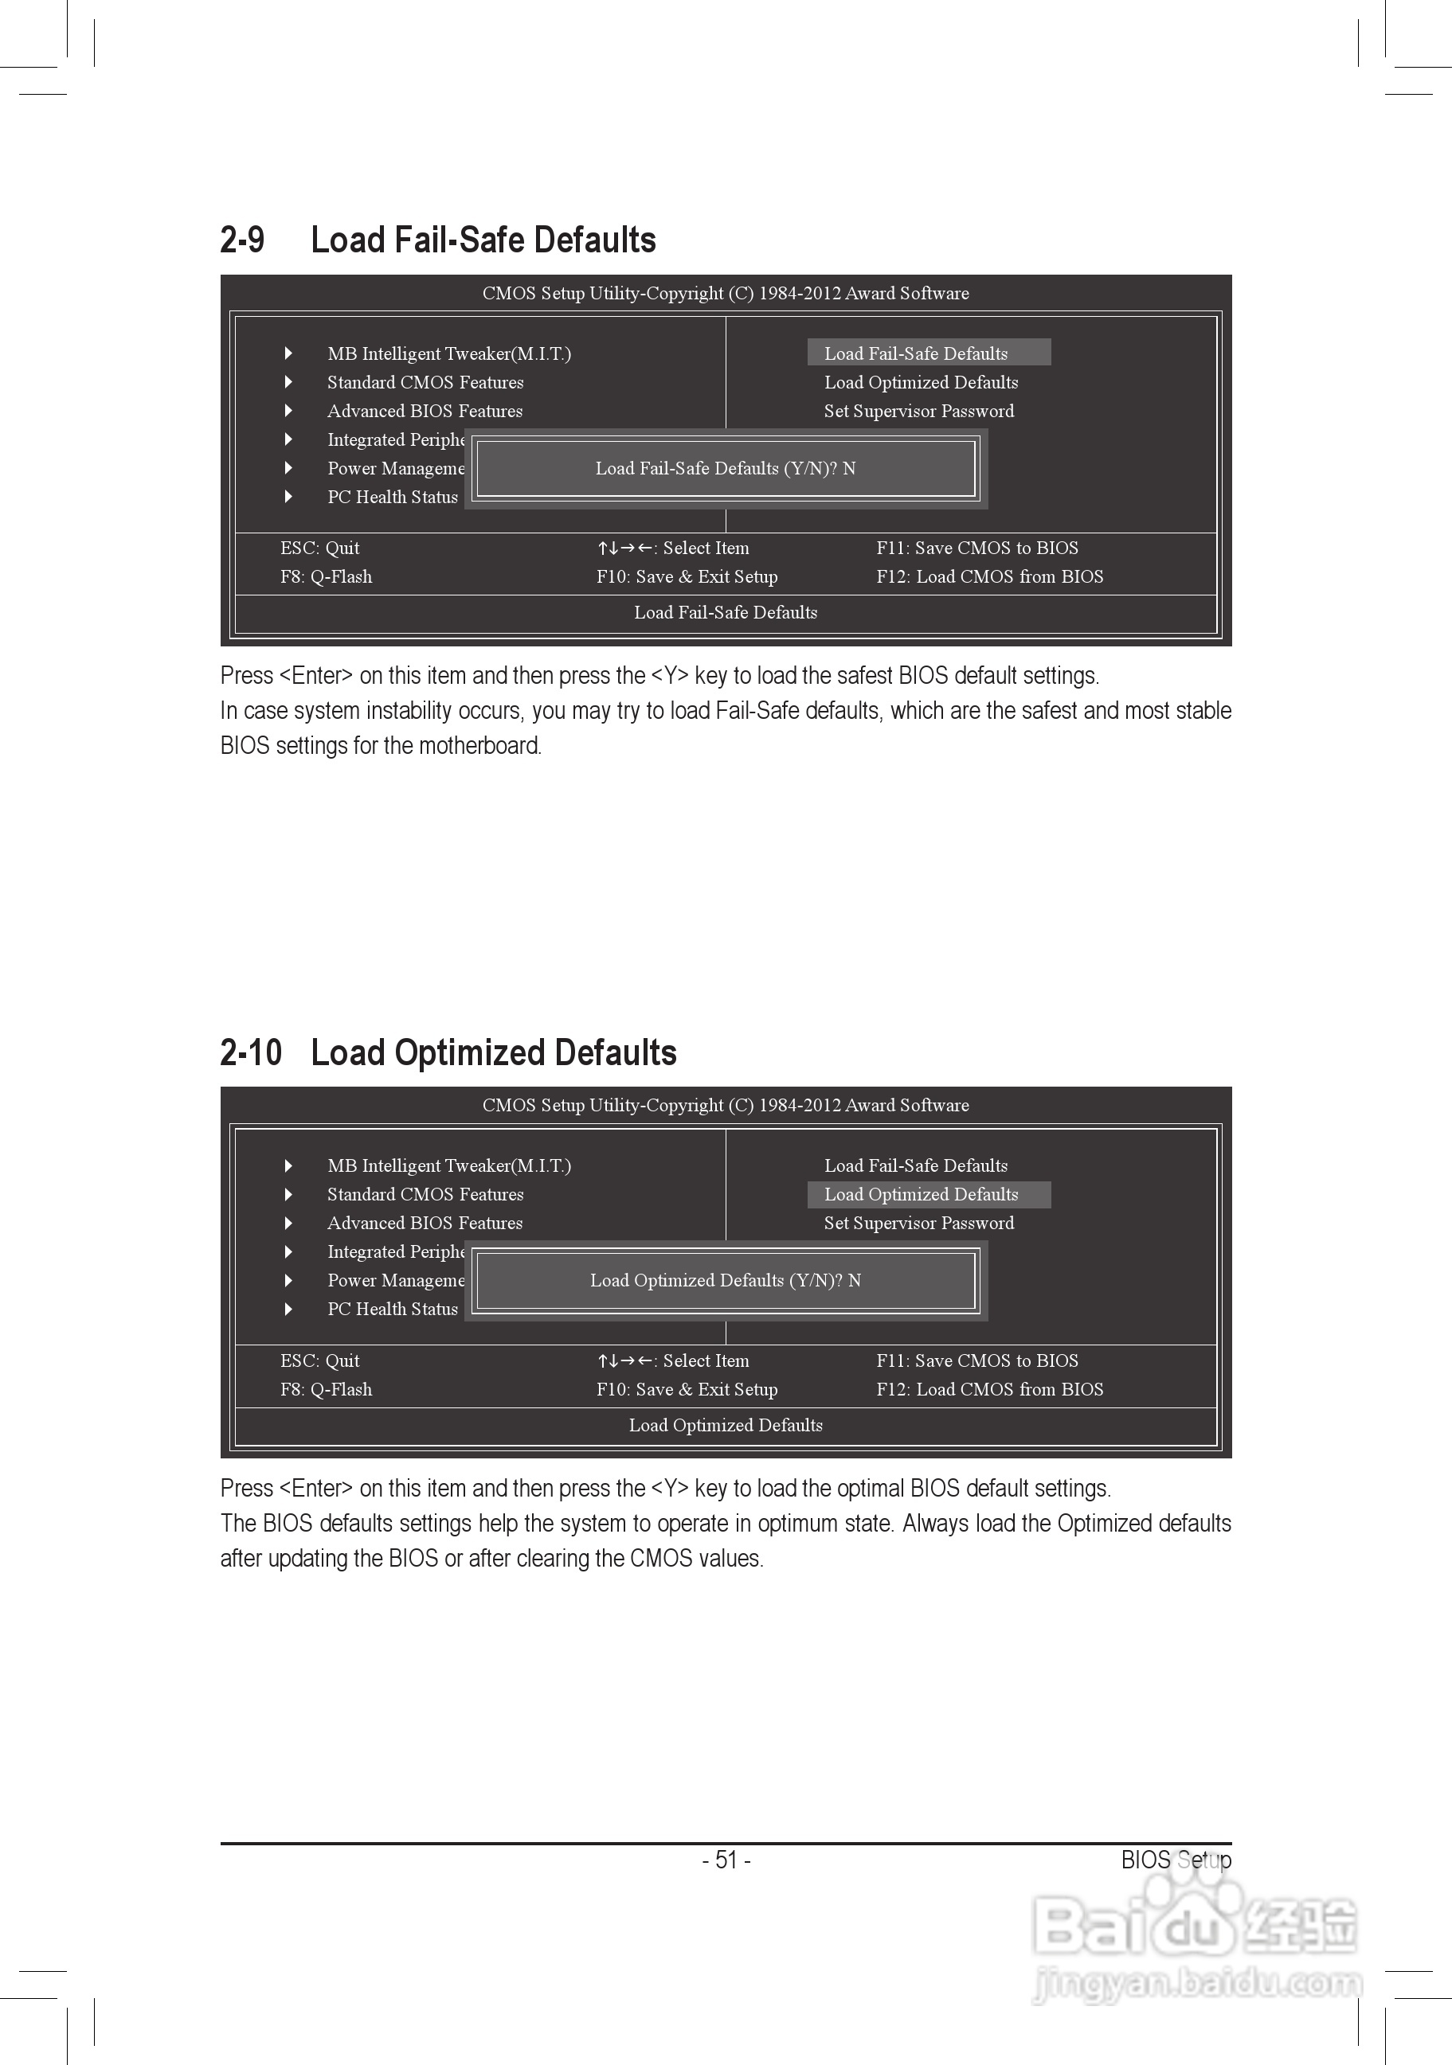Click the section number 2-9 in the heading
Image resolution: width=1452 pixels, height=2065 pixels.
[242, 240]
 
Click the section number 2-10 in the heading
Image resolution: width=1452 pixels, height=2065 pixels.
[251, 1052]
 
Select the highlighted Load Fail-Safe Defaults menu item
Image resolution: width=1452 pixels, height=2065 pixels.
[916, 353]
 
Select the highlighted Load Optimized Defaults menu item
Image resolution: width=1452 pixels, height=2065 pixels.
[922, 1194]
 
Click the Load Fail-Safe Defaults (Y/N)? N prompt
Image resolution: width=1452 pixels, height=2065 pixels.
[725, 467]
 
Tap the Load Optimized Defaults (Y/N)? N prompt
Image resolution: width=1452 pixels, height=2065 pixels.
[725, 1280]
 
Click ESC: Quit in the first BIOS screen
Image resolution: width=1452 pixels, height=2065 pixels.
[319, 548]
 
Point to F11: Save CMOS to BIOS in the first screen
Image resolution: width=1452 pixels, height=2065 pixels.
[977, 548]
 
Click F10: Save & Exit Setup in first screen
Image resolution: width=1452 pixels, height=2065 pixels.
[687, 576]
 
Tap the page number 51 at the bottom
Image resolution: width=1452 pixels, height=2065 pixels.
[726, 1859]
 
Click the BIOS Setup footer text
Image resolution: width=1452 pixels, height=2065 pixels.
[1175, 1859]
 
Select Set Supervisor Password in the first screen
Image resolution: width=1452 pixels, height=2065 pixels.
[918, 411]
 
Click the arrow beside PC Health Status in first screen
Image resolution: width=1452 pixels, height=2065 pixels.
[288, 497]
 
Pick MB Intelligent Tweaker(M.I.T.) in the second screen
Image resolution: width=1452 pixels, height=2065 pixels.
[449, 1165]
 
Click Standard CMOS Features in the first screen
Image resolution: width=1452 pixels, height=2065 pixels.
[425, 382]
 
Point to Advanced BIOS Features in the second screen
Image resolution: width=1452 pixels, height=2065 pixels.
[425, 1224]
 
